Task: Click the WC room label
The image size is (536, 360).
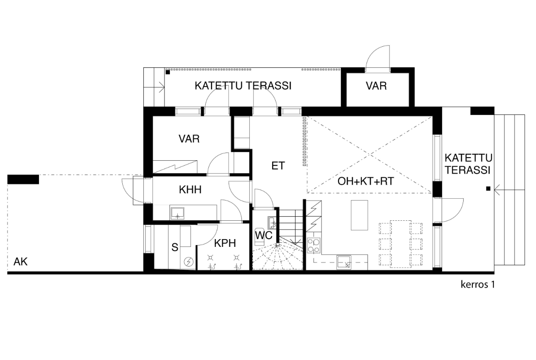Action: click(x=263, y=235)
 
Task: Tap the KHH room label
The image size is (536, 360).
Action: click(x=190, y=190)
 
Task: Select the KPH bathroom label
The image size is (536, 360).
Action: click(x=225, y=243)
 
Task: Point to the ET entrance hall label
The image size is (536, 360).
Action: click(x=278, y=166)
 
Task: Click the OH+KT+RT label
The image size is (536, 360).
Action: click(x=366, y=181)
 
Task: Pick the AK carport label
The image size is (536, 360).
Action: click(x=21, y=262)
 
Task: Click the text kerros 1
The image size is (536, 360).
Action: click(x=477, y=284)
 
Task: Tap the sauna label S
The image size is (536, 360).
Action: click(x=175, y=247)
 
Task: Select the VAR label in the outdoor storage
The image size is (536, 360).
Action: click(x=377, y=86)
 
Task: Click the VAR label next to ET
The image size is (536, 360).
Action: click(x=189, y=139)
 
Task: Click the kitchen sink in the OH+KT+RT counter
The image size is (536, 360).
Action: click(x=344, y=262)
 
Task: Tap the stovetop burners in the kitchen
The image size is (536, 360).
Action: click(x=314, y=245)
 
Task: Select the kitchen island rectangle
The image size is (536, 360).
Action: click(x=359, y=215)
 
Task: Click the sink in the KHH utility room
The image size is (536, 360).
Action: click(x=177, y=213)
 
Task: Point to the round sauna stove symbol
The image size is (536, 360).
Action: click(x=188, y=262)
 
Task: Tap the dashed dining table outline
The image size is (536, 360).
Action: click(x=401, y=243)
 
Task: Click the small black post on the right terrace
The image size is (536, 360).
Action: click(x=488, y=188)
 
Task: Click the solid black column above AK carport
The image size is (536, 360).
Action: click(x=23, y=179)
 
